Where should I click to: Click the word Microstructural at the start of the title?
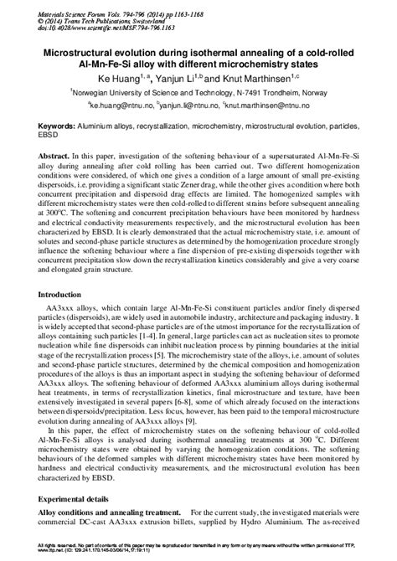72,52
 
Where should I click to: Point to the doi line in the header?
93,28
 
